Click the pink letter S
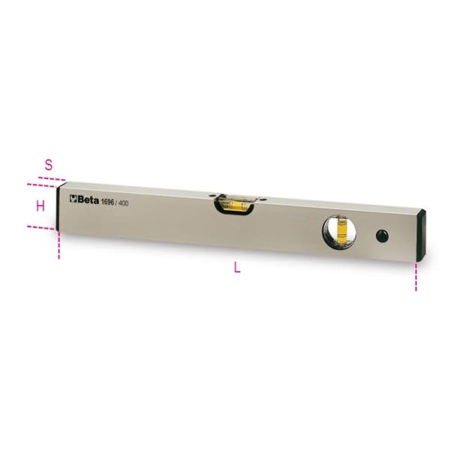(49, 163)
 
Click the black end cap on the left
(62, 207)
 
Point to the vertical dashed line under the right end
(415, 276)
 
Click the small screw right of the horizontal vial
(263, 200)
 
